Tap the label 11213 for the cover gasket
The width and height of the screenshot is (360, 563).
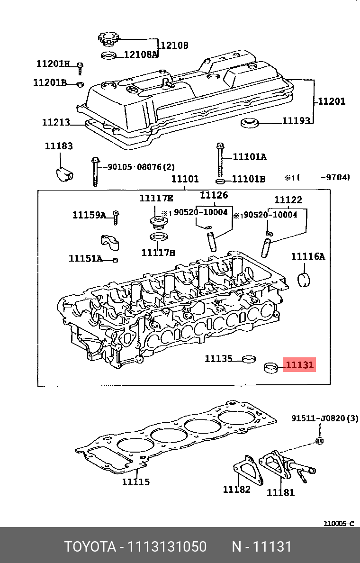tap(56, 122)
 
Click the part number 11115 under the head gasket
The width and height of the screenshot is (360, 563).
tap(135, 482)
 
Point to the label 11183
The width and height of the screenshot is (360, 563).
tap(59, 146)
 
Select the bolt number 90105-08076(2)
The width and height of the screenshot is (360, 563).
tap(141, 167)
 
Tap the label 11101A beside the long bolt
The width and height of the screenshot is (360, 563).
tap(249, 157)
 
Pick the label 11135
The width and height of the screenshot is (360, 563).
tap(218, 359)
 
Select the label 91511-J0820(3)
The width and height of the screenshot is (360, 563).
tap(324, 418)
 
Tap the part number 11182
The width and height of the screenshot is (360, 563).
tap(236, 489)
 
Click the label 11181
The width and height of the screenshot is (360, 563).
tap(280, 492)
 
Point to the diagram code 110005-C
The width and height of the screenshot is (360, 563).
tap(338, 524)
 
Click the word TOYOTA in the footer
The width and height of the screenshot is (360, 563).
tap(90, 547)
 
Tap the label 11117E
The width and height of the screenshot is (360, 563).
tap(156, 198)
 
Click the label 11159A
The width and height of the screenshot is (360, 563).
tap(89, 215)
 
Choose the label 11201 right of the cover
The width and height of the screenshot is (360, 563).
tap(331, 101)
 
